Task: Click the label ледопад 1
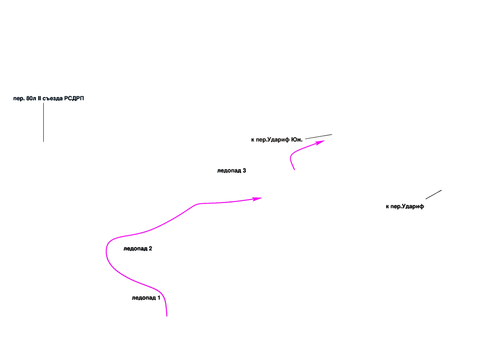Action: tap(146, 298)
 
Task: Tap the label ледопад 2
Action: tap(138, 249)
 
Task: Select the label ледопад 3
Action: tap(232, 171)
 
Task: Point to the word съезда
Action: tap(53, 98)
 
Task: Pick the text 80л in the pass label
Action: tap(31, 98)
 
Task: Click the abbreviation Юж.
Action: tap(297, 139)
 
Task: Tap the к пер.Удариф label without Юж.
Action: tap(405, 206)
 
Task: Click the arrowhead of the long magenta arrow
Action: tap(258, 199)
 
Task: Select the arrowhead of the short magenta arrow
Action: tap(321, 142)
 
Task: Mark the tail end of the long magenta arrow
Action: tap(167, 316)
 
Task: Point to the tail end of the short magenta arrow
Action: tap(294, 169)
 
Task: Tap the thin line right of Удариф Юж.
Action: tap(319, 137)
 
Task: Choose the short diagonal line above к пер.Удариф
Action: tap(433, 194)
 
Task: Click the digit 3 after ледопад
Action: tap(244, 171)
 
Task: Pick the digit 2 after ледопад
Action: tap(150, 249)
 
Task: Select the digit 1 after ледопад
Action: tap(159, 298)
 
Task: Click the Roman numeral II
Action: tap(39, 98)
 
